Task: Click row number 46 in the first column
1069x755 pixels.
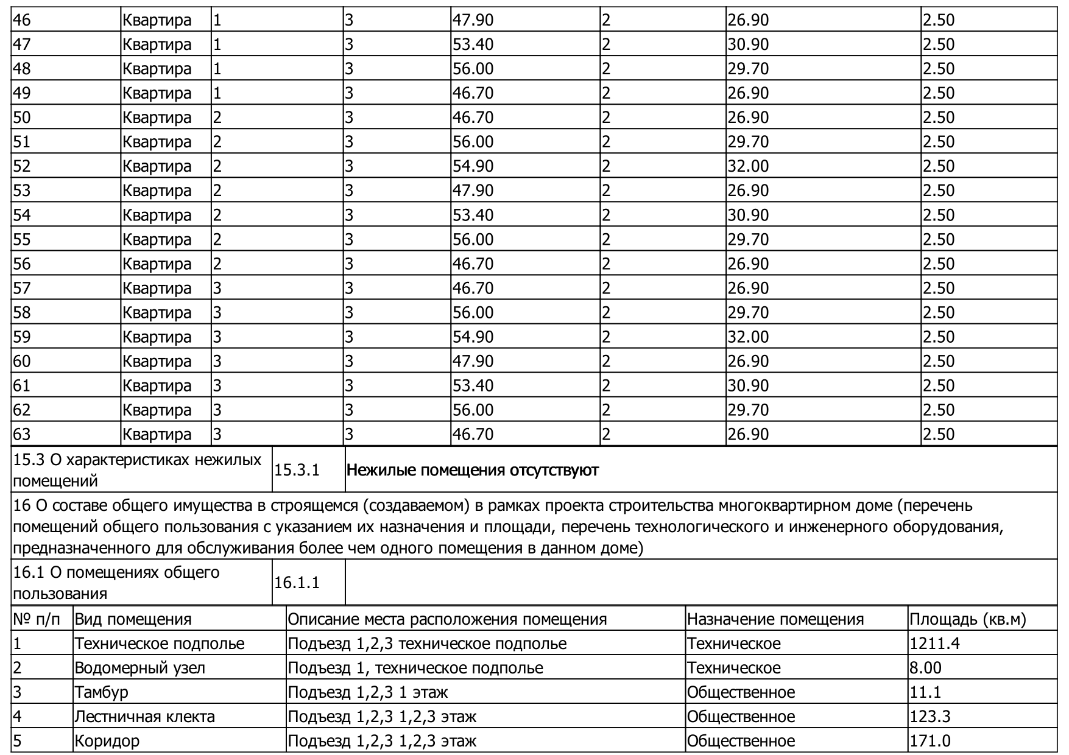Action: pyautogui.click(x=22, y=20)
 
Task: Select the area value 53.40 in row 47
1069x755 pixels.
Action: pyautogui.click(x=473, y=44)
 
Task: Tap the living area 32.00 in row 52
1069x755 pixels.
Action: pyautogui.click(x=748, y=166)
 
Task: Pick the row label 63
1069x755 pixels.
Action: pyautogui.click(x=22, y=434)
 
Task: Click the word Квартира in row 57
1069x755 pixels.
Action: pyautogui.click(x=157, y=288)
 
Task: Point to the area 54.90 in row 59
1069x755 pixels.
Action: pyautogui.click(x=473, y=337)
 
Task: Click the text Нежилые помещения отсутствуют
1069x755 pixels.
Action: pyautogui.click(x=473, y=470)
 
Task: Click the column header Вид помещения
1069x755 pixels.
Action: pyautogui.click(x=133, y=619)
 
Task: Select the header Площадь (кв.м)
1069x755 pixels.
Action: pyautogui.click(x=968, y=619)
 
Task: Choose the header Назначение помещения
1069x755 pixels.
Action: pyautogui.click(x=775, y=619)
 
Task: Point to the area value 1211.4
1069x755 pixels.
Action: pyautogui.click(x=934, y=644)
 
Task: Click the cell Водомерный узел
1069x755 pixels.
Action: pyautogui.click(x=139, y=668)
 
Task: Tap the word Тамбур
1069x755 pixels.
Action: pyautogui.click(x=101, y=692)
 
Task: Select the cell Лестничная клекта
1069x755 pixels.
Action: pyautogui.click(x=144, y=717)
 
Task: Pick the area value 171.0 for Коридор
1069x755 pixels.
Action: pyautogui.click(x=930, y=741)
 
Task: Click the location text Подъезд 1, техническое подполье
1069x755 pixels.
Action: pyautogui.click(x=415, y=668)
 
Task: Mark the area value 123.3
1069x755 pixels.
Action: pyautogui.click(x=930, y=717)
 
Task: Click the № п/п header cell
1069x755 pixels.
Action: pyautogui.click(x=37, y=619)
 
